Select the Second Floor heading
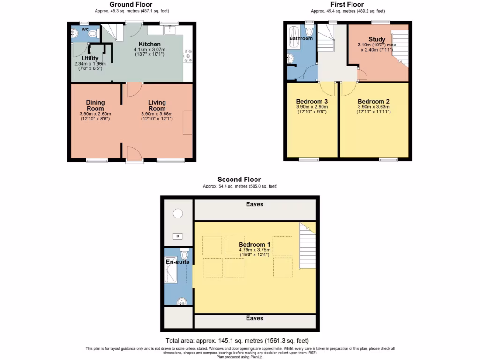point(239,180)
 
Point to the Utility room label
point(90,59)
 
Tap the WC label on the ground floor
point(85,29)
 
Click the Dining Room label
point(95,105)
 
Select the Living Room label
point(157,105)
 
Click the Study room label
point(377,39)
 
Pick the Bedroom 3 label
point(312,101)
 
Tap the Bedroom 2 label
point(373,101)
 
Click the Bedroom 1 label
point(255,244)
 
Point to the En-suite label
point(178,262)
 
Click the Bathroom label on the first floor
point(300,38)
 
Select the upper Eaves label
point(255,204)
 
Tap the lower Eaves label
point(255,318)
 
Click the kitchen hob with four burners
point(188,55)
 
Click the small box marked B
point(178,236)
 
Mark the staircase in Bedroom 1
point(307,246)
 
